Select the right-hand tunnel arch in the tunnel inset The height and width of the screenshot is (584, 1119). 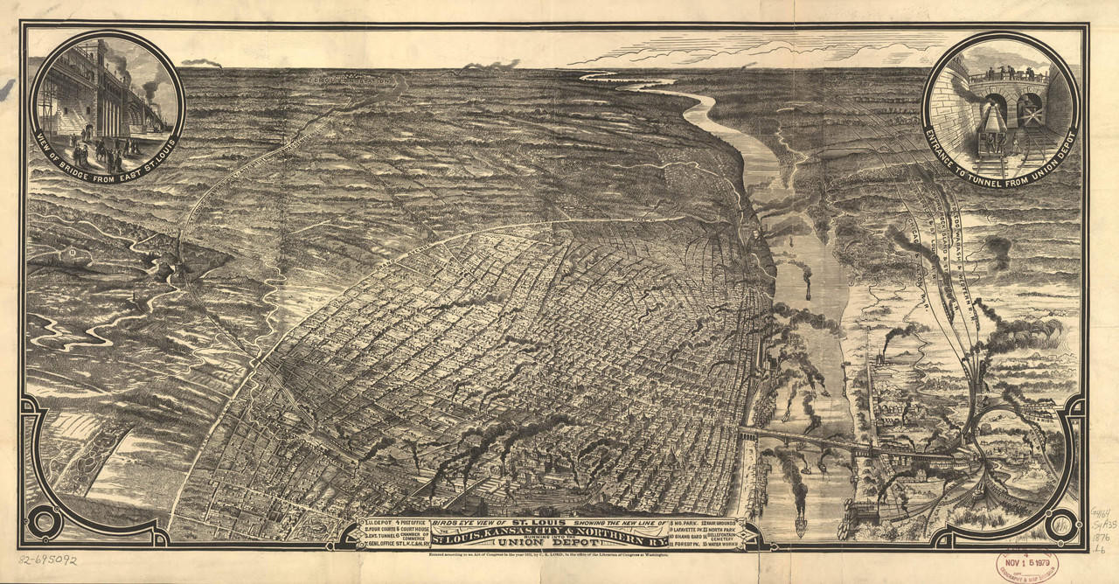1030,107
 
